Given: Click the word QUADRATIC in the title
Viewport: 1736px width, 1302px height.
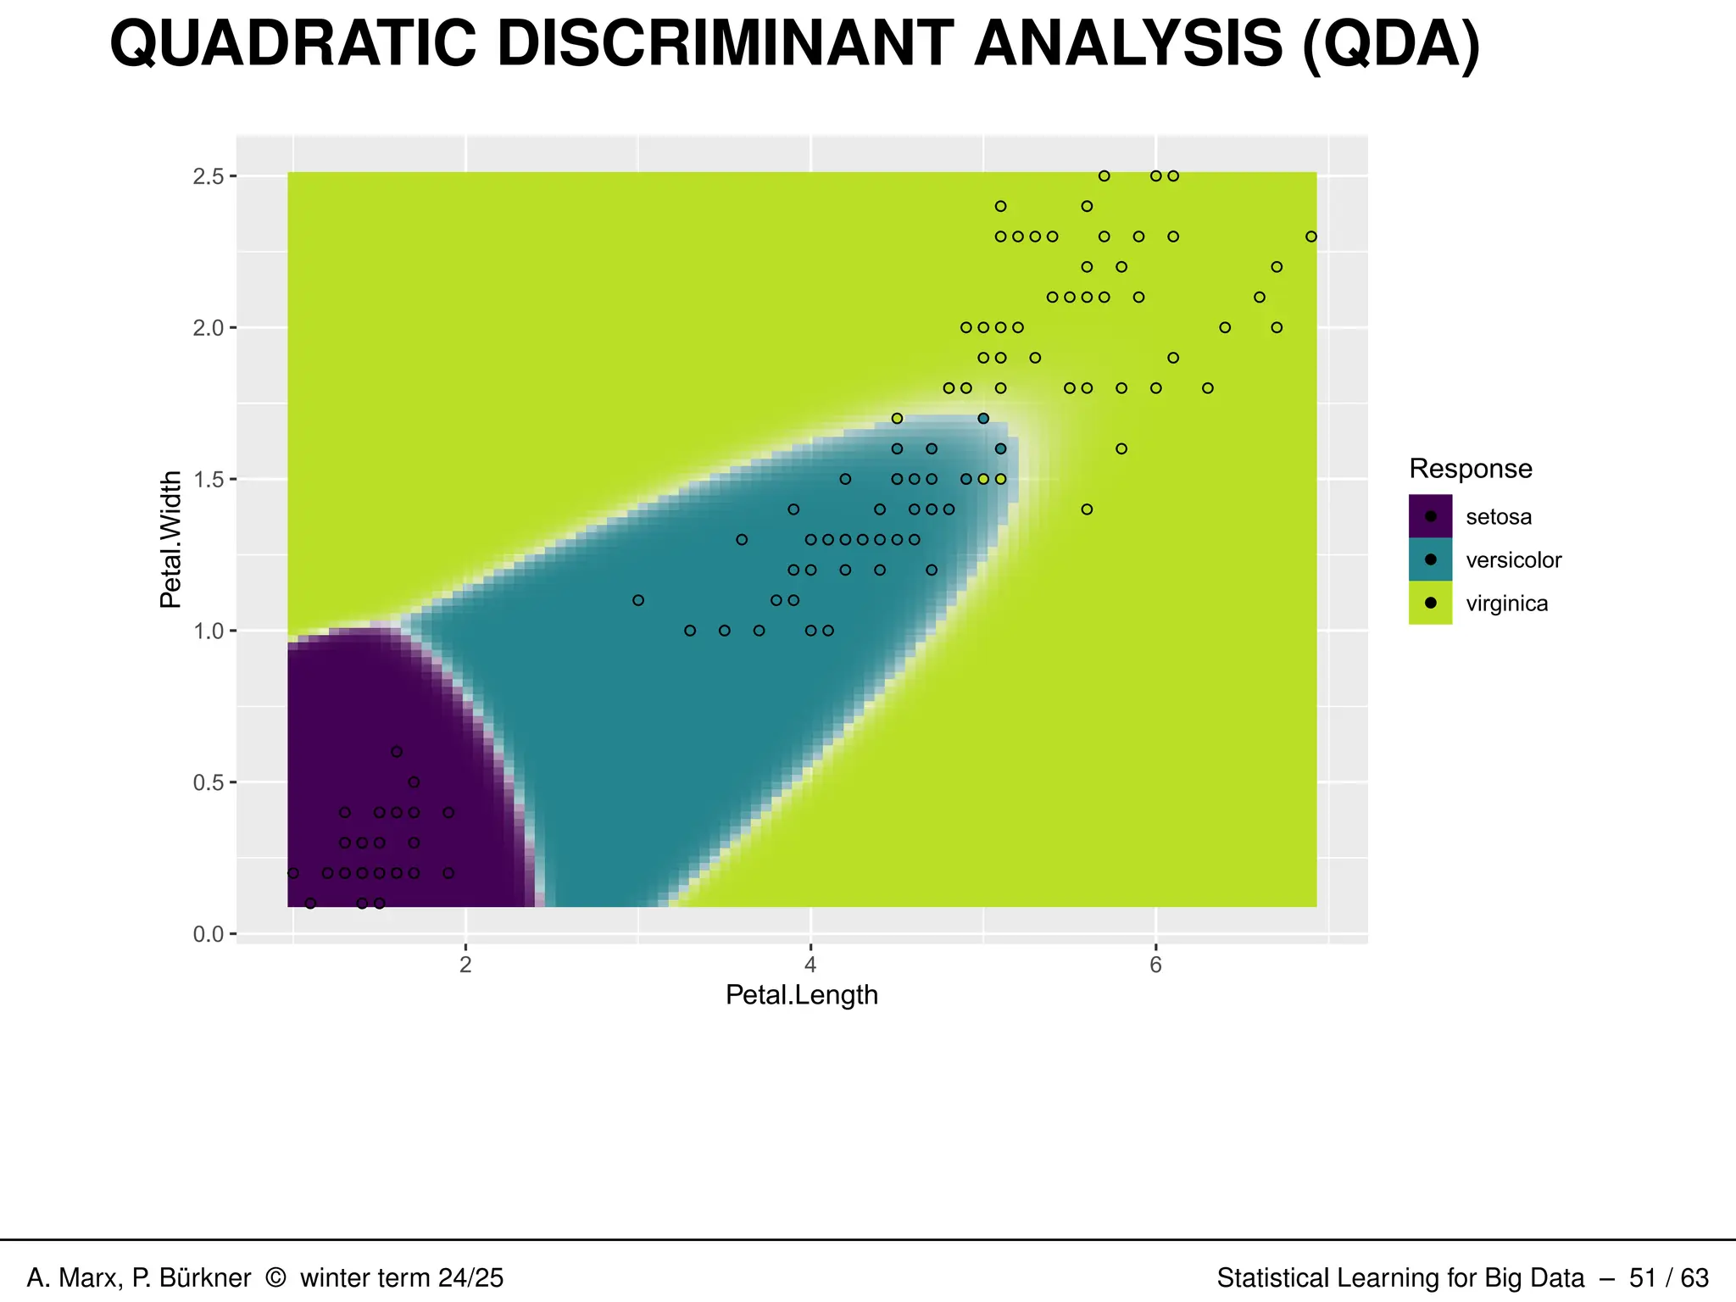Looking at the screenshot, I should coord(292,44).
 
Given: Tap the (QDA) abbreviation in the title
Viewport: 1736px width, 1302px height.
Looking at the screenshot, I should coord(1390,44).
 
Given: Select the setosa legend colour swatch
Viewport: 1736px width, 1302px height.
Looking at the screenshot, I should coord(1430,516).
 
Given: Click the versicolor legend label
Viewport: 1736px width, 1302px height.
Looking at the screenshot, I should coord(1513,560).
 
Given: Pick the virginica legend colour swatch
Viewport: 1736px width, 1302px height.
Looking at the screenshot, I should coord(1430,603).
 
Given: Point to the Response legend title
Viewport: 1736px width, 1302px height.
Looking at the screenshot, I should coord(1470,469).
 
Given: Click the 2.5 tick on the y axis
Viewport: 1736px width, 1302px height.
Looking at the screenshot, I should coord(209,176).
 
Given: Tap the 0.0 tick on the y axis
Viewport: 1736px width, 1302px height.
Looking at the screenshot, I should coord(209,934).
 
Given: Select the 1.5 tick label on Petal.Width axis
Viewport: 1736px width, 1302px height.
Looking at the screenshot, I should coord(209,480).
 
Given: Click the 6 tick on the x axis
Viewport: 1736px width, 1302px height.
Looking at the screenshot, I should coord(1155,965).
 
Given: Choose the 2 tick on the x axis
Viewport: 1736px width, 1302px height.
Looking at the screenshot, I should coord(465,965).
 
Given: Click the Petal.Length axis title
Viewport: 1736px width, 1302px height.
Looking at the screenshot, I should coord(801,995).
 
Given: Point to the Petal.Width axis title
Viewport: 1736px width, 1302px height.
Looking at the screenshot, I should coord(170,539).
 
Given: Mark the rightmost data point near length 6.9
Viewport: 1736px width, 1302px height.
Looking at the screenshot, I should coord(1311,236).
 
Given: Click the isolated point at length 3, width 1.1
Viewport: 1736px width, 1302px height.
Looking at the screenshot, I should coord(638,600).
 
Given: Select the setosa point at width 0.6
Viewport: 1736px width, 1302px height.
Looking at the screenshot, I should coord(397,752).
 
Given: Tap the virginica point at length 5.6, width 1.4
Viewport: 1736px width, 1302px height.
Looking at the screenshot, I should coord(1087,509).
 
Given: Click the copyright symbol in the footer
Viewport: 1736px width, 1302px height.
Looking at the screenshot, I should coord(275,1277).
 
